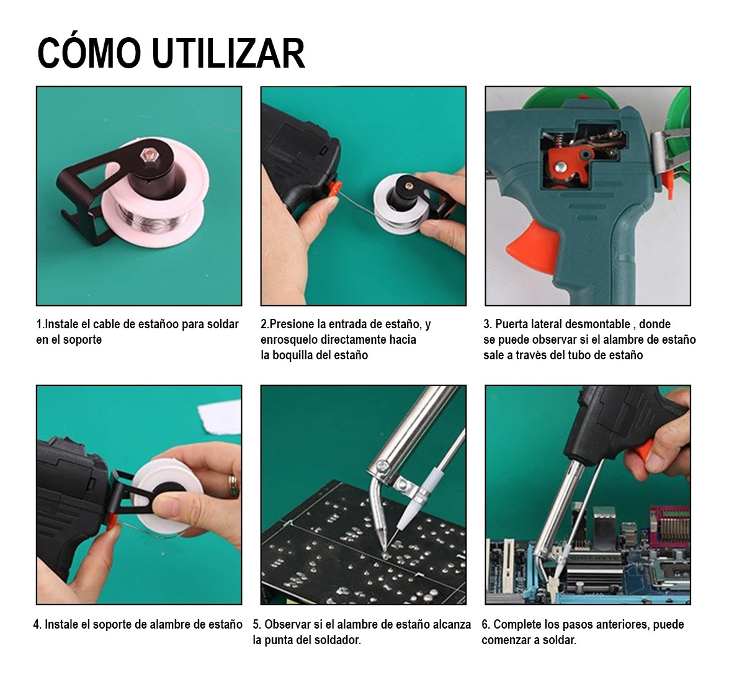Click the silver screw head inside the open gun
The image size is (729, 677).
pos(561,166)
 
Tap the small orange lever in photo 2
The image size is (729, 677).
pos(335,187)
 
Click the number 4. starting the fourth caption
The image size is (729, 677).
pos(37,624)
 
